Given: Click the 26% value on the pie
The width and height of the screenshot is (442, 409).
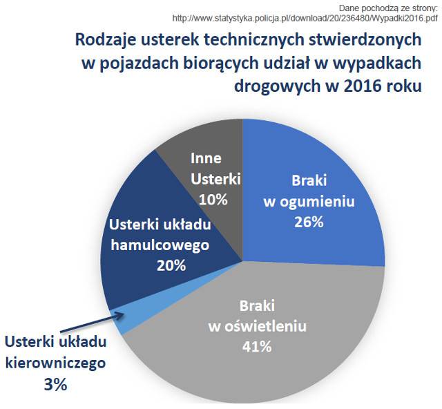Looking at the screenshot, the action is pyautogui.click(x=309, y=222).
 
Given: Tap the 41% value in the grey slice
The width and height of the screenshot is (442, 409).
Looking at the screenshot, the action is pyautogui.click(x=257, y=347).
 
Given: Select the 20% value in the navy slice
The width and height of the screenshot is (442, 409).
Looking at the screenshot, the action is pyautogui.click(x=171, y=265).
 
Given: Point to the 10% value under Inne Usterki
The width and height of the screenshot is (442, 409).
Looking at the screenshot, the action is pyautogui.click(x=213, y=200).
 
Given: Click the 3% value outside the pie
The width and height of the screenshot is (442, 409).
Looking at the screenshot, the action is pyautogui.click(x=55, y=384).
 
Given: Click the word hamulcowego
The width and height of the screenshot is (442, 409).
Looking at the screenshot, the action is pyautogui.click(x=160, y=245).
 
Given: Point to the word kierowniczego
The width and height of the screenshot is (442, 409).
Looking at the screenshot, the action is pyautogui.click(x=55, y=363).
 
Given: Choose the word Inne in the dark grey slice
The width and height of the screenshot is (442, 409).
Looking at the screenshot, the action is pyautogui.click(x=206, y=158).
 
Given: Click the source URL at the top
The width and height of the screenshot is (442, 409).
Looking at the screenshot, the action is pyautogui.click(x=305, y=19).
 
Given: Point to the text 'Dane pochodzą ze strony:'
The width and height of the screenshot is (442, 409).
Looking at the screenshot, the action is pyautogui.click(x=388, y=8).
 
